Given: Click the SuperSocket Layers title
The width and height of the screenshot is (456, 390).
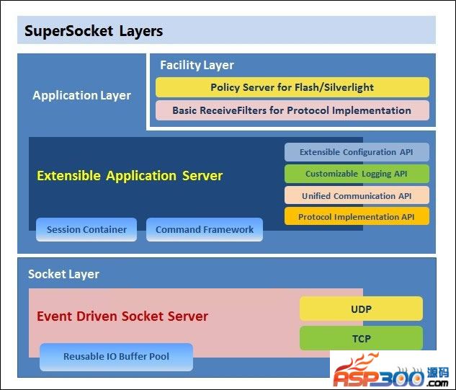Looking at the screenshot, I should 94,31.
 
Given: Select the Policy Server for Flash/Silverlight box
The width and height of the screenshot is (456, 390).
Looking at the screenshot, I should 292,87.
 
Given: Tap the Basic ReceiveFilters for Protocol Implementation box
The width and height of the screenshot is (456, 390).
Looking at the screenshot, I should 292,110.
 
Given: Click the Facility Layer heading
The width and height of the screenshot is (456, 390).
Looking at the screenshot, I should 197,65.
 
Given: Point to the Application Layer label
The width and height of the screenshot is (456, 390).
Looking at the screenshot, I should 81,95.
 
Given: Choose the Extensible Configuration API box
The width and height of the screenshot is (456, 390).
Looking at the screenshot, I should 357,152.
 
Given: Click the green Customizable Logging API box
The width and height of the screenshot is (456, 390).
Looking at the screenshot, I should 357,174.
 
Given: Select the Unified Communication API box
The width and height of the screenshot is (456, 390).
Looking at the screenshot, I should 357,195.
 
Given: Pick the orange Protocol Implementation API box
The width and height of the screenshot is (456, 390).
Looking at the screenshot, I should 357,216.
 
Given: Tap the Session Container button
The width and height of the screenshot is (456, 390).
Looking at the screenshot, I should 86,229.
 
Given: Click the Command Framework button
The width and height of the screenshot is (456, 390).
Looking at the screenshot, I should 205,229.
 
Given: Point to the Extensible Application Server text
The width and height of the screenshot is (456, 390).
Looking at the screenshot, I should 130,175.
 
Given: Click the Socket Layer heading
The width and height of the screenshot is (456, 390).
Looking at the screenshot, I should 63,274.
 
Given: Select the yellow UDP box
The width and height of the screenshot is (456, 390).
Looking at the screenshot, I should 361,309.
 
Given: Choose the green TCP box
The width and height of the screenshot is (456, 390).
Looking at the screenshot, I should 361,337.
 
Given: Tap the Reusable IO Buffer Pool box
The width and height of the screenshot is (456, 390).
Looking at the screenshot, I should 116,357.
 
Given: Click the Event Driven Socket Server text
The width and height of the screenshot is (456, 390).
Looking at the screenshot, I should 122,316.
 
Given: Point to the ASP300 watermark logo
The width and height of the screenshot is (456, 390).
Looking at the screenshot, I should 393,370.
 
